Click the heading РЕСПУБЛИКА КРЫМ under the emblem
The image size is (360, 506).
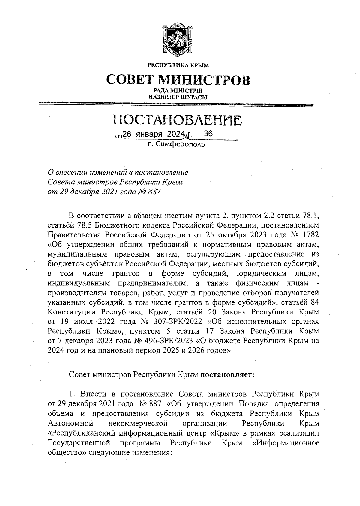(x=178, y=65)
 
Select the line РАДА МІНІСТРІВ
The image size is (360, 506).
(x=178, y=91)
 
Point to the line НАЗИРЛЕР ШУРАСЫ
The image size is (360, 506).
(x=178, y=97)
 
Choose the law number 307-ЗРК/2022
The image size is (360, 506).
(x=175, y=321)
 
